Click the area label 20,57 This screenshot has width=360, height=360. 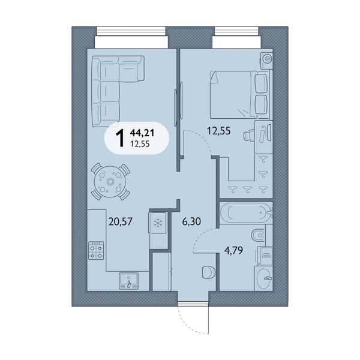(x=121, y=221)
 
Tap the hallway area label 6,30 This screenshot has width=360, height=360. (x=191, y=221)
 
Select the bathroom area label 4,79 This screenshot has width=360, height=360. (x=233, y=250)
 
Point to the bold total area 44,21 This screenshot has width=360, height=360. (x=142, y=133)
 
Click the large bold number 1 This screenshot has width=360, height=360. (x=120, y=138)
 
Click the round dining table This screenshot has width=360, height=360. (x=110, y=182)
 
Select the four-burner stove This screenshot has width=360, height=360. (x=96, y=250)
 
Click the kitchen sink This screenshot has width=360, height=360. (x=128, y=281)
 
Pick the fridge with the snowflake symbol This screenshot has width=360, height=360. (x=158, y=223)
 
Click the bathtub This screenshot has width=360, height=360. (x=246, y=212)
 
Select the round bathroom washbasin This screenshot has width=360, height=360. (x=263, y=278)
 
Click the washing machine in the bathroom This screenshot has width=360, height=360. (x=265, y=256)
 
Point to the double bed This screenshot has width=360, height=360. (x=239, y=95)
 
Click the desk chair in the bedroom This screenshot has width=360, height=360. (x=249, y=136)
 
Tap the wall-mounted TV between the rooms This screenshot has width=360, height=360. (x=179, y=104)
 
